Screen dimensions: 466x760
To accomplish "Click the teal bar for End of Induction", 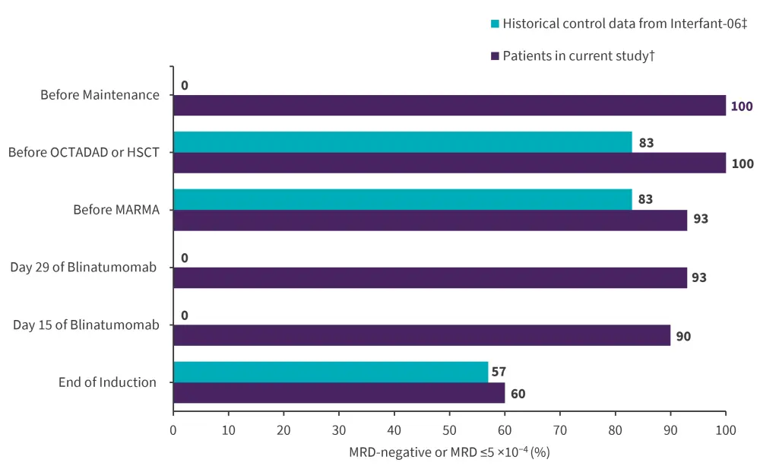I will [x=331, y=372].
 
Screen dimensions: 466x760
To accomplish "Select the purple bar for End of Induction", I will [x=339, y=393].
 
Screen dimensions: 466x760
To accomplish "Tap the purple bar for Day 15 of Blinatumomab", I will [x=422, y=335].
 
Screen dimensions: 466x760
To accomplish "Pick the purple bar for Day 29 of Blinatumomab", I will [x=430, y=277].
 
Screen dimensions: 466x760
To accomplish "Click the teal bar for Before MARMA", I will [x=402, y=199].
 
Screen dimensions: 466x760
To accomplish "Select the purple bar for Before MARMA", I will [x=430, y=220].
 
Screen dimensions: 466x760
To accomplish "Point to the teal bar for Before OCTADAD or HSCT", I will [x=402, y=142].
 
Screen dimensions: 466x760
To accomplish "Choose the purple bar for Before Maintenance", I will [x=449, y=105].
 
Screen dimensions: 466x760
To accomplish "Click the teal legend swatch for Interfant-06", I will [x=496, y=24].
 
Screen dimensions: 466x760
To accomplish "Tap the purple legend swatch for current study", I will [x=496, y=55].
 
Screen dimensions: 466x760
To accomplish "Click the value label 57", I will [x=499, y=372].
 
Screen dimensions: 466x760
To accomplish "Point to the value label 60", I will [x=518, y=394].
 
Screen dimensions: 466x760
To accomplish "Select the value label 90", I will [x=683, y=335].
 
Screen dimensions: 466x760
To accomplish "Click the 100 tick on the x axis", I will [x=726, y=430].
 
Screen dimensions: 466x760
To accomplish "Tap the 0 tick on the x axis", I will [x=173, y=430].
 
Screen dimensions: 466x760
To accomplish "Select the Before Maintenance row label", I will [x=100, y=95].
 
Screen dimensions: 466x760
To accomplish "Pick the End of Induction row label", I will [x=107, y=382].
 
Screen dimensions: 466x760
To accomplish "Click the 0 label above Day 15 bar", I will [x=185, y=315].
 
